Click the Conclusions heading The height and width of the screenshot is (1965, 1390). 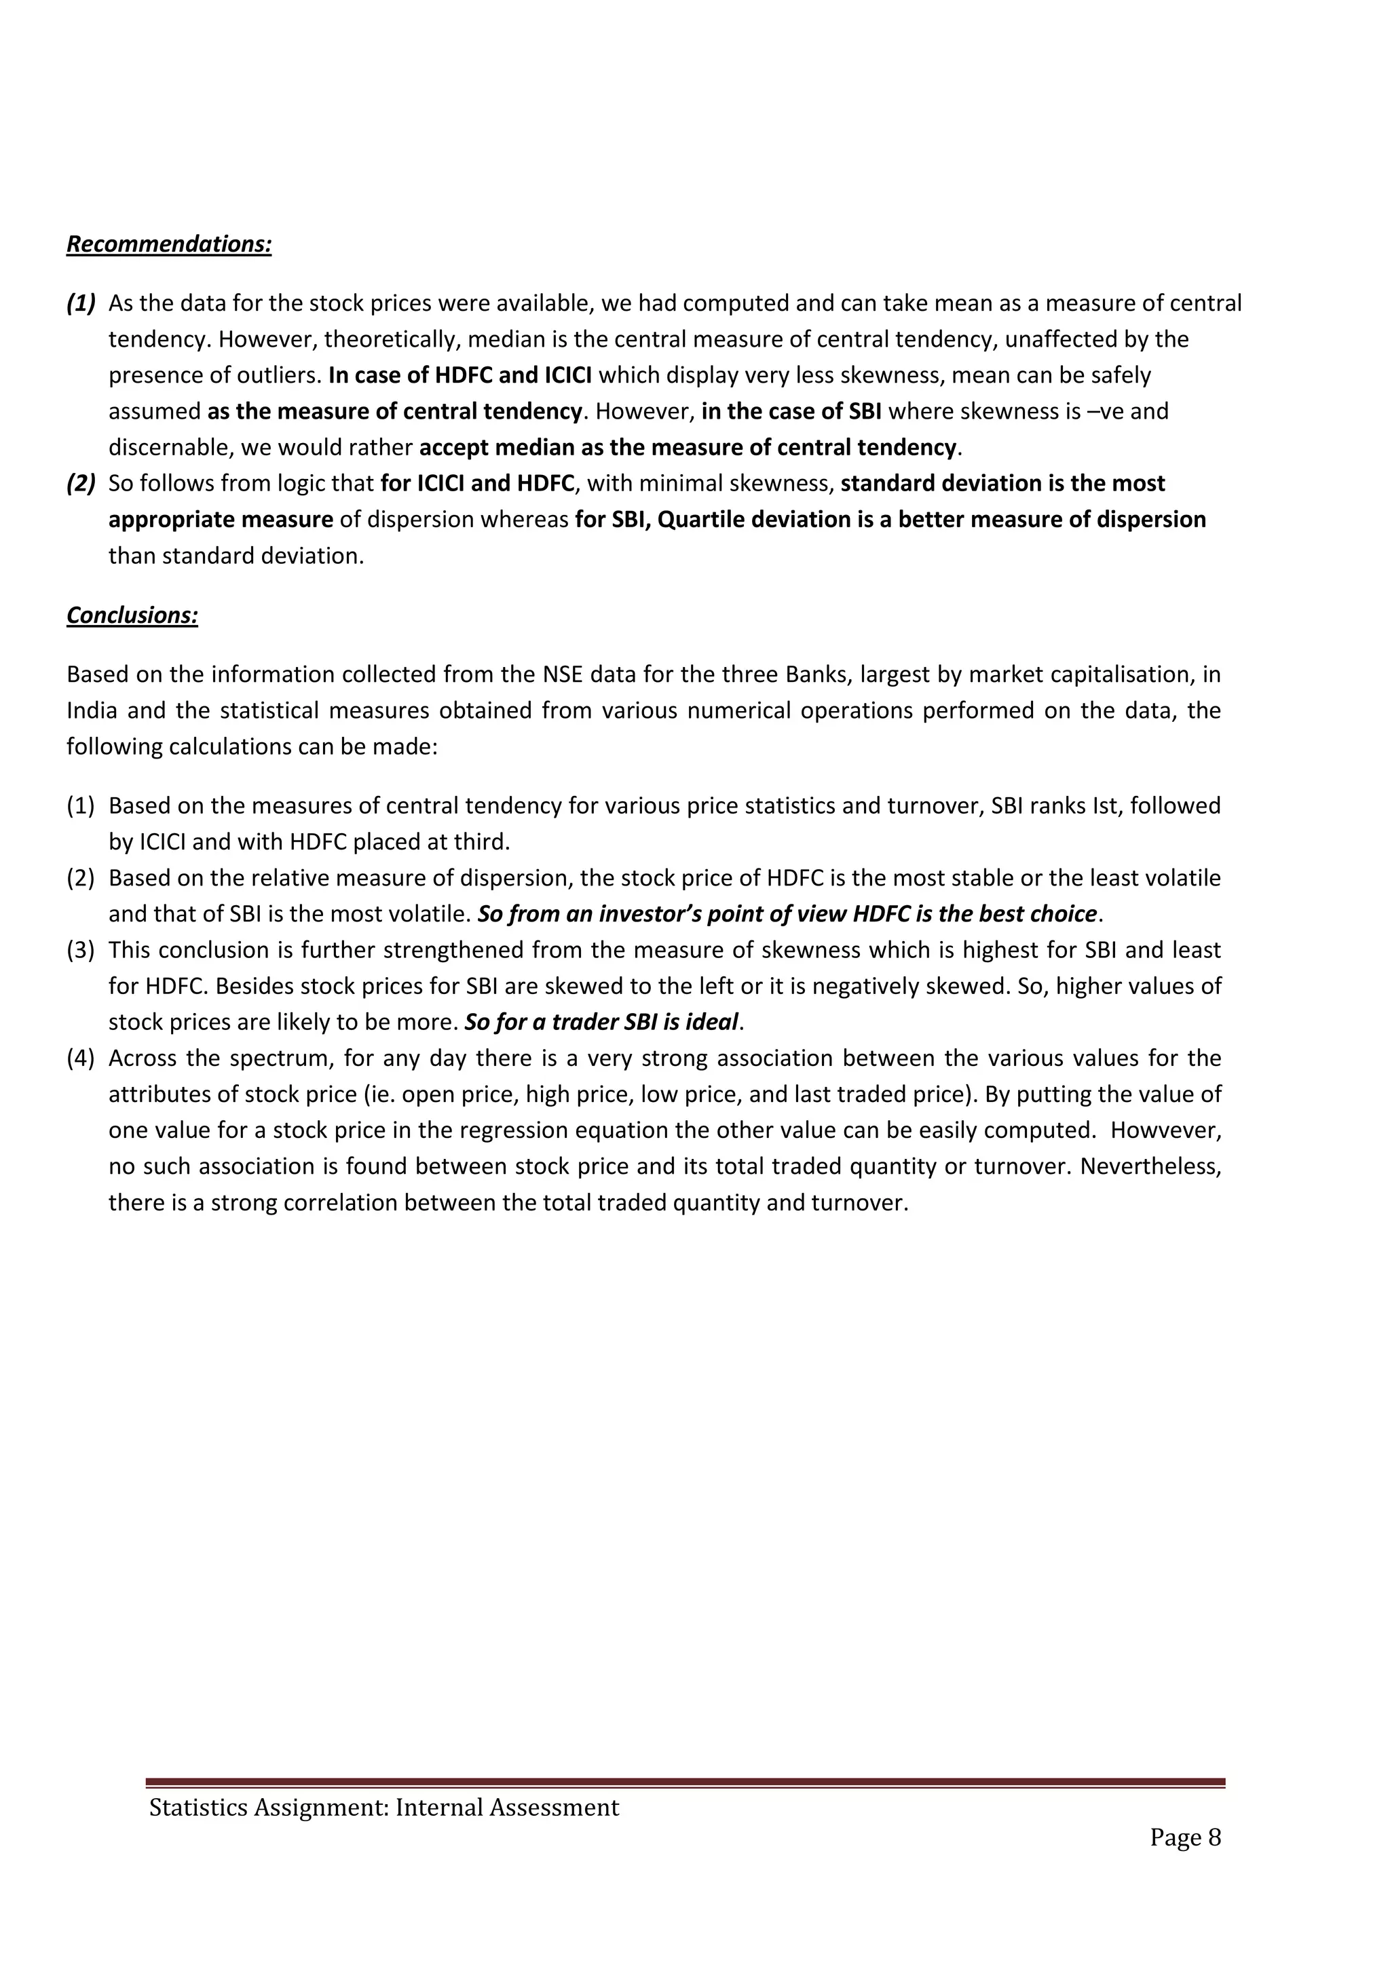tap(132, 615)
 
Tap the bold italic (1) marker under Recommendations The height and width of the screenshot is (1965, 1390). tap(81, 304)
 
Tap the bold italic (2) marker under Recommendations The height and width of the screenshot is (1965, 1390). tap(81, 484)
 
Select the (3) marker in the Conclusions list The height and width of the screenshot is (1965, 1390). tap(81, 950)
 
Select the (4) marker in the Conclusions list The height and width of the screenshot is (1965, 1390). tap(81, 1058)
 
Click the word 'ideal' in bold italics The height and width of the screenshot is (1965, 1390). tap(711, 1023)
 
